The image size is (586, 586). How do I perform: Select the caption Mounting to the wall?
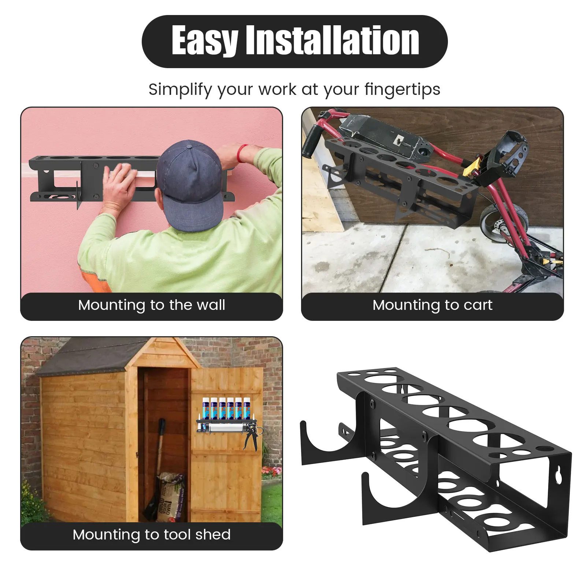(x=152, y=305)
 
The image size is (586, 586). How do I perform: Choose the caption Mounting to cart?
(x=432, y=305)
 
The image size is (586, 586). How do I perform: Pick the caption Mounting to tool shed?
(x=152, y=535)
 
